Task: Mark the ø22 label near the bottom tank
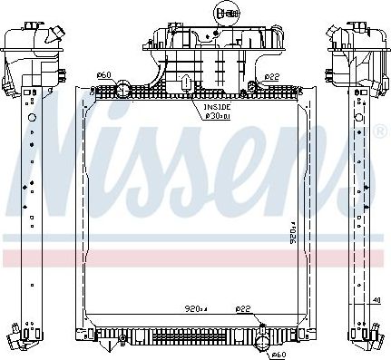(x=243, y=307)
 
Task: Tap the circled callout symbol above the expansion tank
(x=224, y=13)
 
